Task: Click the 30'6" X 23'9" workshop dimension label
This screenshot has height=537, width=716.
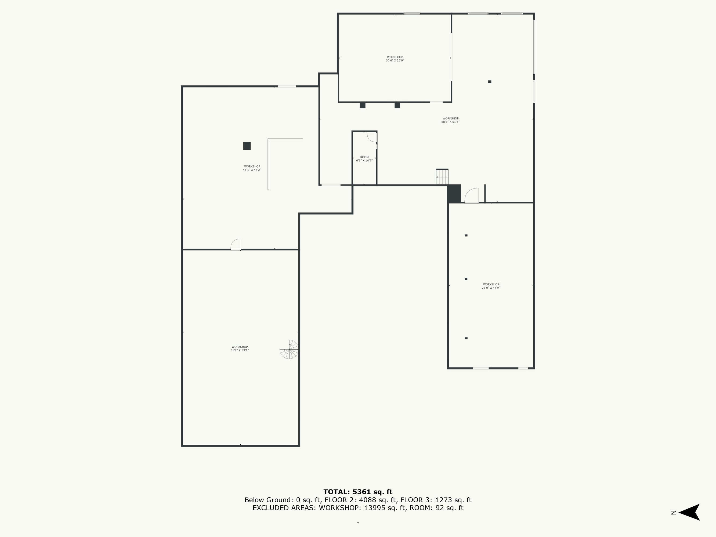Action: tap(395, 59)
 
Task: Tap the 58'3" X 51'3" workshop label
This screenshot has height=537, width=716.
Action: tap(451, 120)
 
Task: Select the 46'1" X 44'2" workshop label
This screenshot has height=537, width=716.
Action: tap(252, 168)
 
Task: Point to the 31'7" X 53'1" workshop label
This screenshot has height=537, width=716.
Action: tap(240, 349)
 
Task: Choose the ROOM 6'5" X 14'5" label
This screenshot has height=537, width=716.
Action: tap(364, 159)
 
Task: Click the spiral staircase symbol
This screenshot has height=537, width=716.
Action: tap(289, 350)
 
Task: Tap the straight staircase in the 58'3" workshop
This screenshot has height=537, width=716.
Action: tap(442, 177)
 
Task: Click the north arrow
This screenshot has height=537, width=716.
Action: tap(689, 512)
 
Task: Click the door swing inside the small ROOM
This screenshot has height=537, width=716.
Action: tap(372, 137)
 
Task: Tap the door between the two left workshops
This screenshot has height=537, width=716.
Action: tap(236, 244)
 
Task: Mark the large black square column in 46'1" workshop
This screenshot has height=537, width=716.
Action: tap(247, 146)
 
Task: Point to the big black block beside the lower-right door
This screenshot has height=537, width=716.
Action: tap(454, 194)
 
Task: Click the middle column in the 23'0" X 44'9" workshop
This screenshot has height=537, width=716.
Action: tap(466, 279)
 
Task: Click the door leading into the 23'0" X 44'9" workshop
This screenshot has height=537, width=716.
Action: tap(472, 196)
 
